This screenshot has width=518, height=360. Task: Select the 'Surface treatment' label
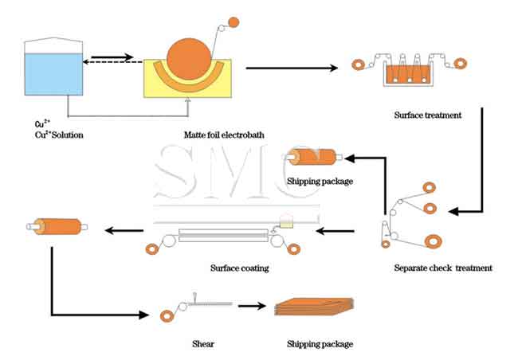(x=427, y=115)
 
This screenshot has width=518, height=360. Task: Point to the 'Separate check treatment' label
(x=443, y=268)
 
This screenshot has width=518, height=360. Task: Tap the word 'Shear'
(x=202, y=344)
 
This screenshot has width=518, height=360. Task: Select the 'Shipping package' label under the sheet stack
(x=319, y=344)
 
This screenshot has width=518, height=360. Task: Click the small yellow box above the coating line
(x=284, y=226)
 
